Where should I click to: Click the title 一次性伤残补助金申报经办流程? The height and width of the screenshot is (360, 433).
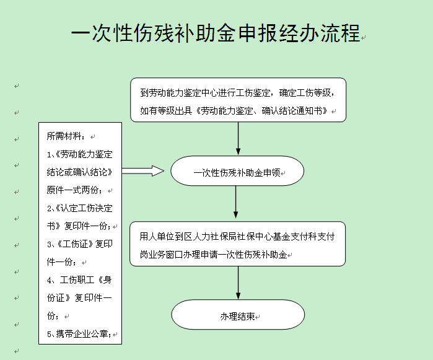(x=216, y=33)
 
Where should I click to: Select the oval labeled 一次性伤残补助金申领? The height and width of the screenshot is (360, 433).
(x=237, y=171)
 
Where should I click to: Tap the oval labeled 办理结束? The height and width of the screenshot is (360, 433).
(x=238, y=314)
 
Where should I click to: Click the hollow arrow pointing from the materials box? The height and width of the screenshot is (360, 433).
(x=143, y=171)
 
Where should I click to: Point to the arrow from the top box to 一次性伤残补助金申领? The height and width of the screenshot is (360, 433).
(x=238, y=138)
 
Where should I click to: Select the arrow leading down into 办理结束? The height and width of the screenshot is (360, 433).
(x=238, y=283)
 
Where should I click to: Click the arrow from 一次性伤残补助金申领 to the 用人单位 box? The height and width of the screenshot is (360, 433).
(x=236, y=202)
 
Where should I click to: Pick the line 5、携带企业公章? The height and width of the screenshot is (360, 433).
(x=79, y=334)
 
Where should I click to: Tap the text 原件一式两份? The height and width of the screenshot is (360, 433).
(x=74, y=190)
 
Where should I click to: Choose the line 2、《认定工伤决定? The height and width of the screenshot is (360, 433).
(x=79, y=208)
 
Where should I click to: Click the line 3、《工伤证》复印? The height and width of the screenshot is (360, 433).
(x=79, y=244)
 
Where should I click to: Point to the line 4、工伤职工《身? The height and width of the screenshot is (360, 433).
(x=79, y=280)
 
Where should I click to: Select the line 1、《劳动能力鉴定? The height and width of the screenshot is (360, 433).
(x=79, y=154)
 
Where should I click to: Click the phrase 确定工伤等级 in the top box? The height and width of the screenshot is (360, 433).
(x=305, y=93)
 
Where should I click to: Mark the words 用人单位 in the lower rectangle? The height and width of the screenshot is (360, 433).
(x=157, y=237)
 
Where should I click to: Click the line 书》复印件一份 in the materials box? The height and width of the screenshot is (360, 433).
(x=79, y=226)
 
